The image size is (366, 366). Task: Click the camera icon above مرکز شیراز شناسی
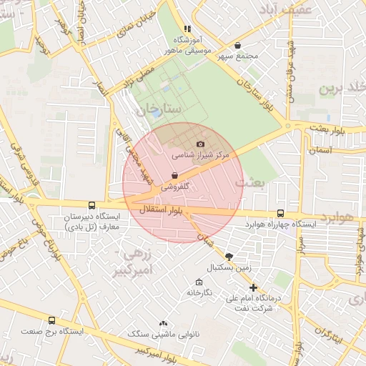coord(200,144)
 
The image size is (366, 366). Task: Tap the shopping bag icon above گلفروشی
coord(174,175)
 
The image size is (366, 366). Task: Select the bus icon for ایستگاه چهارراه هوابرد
coord(280,213)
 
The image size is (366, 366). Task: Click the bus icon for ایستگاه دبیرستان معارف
coord(91,205)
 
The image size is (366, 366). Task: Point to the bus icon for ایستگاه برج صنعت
coord(51,321)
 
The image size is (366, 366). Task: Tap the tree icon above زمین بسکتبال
coord(229,257)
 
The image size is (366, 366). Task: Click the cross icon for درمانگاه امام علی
coord(253,287)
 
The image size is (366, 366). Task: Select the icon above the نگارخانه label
coord(199,282)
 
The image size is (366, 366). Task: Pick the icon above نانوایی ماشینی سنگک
coord(164,324)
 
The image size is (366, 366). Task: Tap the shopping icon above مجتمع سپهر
coord(256,45)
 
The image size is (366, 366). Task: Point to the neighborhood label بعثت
coord(254,184)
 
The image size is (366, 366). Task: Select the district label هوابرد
coord(337,216)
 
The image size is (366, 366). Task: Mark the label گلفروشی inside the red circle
coord(175,186)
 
